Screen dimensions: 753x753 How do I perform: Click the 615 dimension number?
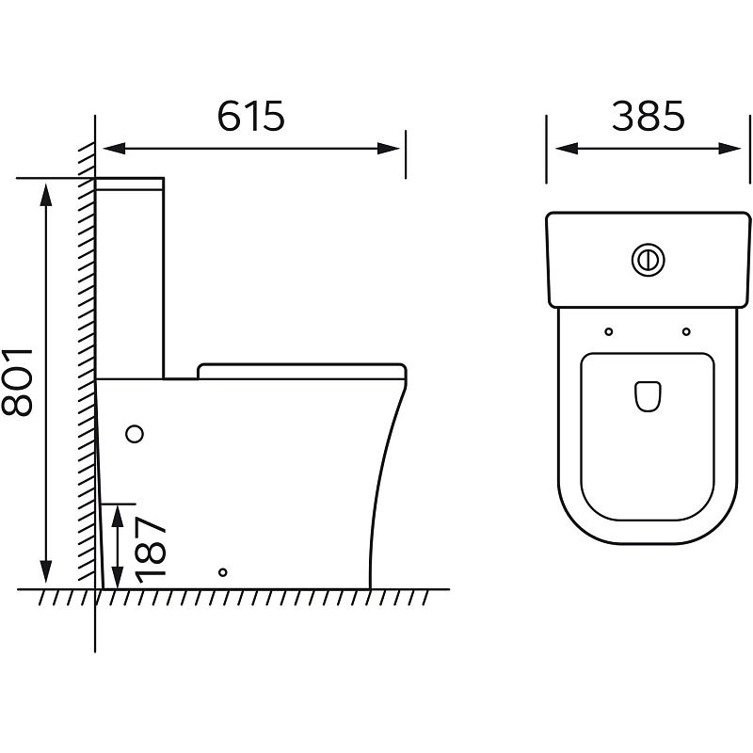[251, 116]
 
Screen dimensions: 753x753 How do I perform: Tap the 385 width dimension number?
[648, 116]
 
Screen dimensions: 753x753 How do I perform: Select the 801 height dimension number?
[17, 382]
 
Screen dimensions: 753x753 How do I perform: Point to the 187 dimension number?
[151, 549]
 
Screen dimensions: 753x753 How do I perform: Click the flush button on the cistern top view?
[648, 260]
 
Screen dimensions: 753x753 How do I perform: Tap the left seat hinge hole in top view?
[608, 331]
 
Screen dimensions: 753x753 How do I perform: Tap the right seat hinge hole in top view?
[686, 331]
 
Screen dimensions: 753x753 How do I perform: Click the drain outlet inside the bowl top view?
[648, 396]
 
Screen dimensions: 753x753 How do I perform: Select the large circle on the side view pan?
[135, 434]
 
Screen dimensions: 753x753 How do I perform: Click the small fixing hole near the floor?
[222, 572]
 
